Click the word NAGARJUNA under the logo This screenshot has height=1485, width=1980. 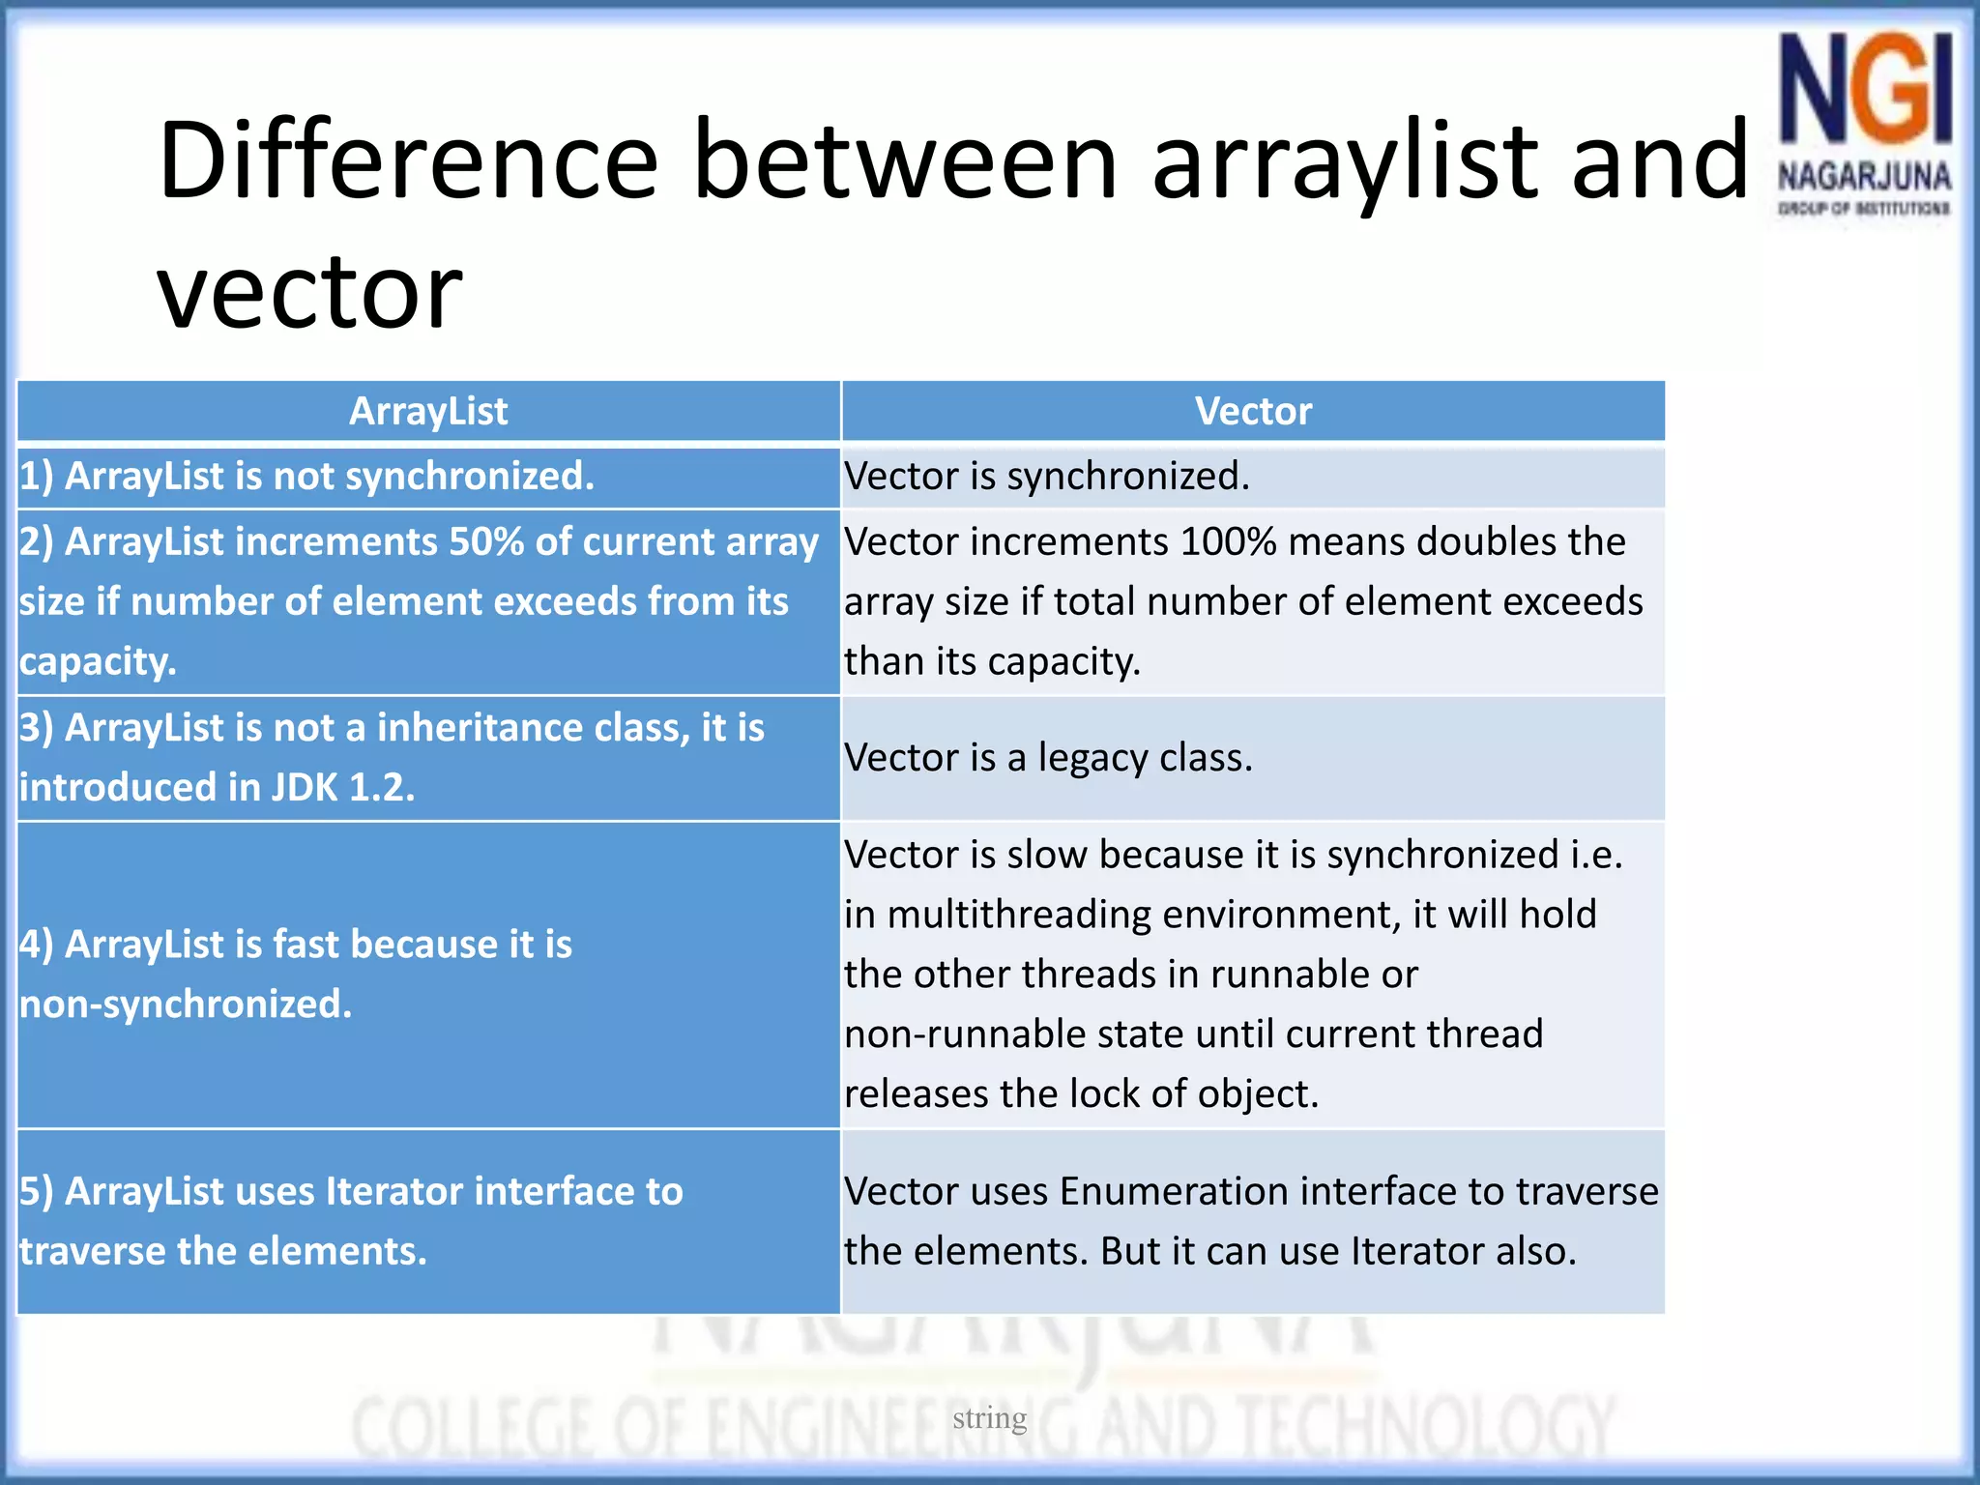pyautogui.click(x=1864, y=177)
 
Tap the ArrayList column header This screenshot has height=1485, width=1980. pyautogui.click(x=428, y=412)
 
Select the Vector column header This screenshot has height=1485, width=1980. pyautogui.click(x=1253, y=412)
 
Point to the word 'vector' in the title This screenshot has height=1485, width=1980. pyautogui.click(x=309, y=290)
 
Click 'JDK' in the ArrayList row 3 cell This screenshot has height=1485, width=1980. pyautogui.click(x=304, y=788)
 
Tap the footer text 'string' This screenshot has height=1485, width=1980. pyautogui.click(x=989, y=1418)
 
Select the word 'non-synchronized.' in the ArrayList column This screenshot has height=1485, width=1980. pyautogui.click(x=186, y=1005)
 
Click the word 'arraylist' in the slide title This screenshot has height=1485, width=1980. pyautogui.click(x=1345, y=160)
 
